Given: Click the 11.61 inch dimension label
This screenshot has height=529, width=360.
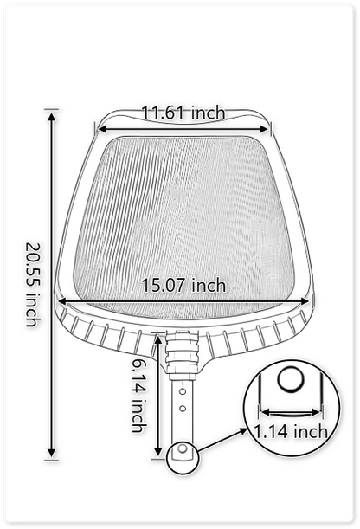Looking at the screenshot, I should coord(183,113).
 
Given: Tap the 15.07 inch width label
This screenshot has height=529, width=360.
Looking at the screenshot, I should coord(183,285).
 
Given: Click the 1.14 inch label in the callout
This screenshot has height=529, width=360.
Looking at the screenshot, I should coord(291,430).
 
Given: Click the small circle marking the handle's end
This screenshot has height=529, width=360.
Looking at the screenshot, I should coord(183,453).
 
